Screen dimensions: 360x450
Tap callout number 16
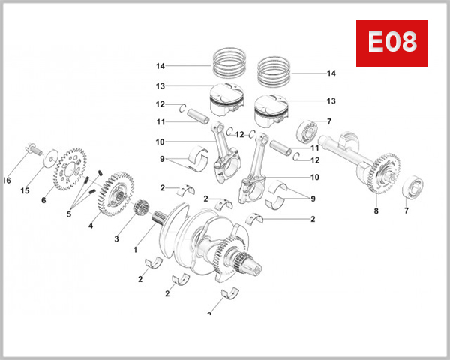(7, 181)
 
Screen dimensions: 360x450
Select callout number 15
(24, 190)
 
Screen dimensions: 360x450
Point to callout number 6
(43, 200)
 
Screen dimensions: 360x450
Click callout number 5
(69, 214)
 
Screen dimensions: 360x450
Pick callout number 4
(91, 225)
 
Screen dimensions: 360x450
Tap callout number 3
(116, 239)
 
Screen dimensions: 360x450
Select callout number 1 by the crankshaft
(135, 249)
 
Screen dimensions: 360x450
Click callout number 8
(376, 211)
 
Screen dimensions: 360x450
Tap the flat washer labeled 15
(49, 158)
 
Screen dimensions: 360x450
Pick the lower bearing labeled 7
(415, 188)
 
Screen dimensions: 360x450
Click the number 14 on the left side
(160, 65)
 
